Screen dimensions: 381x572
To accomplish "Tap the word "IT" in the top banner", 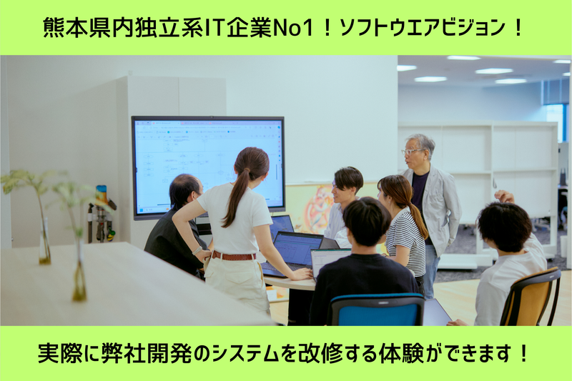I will pos(204,29).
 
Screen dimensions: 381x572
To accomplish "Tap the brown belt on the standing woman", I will pos(233,255).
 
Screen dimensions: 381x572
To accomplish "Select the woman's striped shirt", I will pos(405,243).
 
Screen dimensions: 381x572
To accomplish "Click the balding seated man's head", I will pos(184,189).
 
